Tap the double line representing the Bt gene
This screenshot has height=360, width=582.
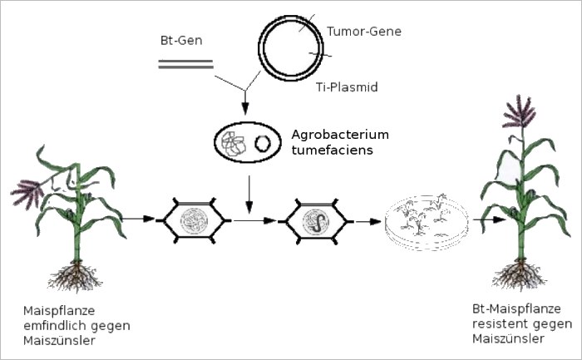pos(185,63)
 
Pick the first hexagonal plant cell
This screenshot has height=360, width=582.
pos(193,220)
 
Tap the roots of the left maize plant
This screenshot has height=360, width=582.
pos(77,274)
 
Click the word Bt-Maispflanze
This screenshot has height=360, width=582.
pos(504,309)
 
